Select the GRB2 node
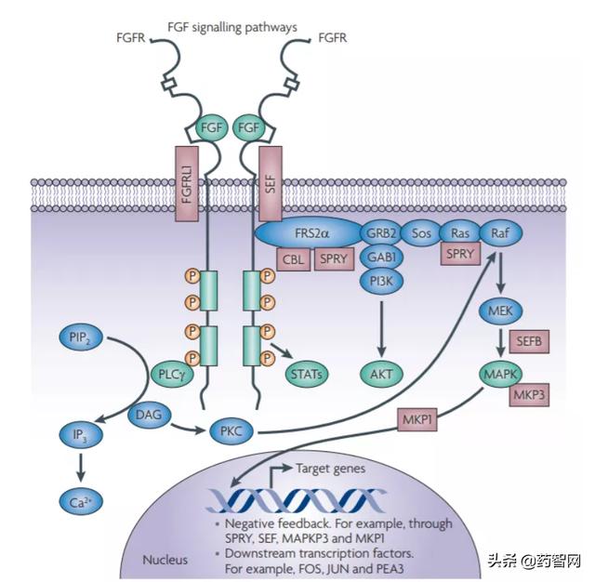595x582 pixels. click(380, 233)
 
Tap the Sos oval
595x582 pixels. click(421, 233)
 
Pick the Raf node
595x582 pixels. click(501, 233)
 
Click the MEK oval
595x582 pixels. click(500, 311)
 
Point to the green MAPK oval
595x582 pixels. click(500, 375)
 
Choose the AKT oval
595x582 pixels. click(381, 375)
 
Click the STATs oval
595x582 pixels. click(306, 375)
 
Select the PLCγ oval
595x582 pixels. click(172, 375)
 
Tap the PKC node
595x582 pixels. click(231, 431)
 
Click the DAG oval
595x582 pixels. click(149, 415)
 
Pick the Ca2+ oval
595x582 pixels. click(81, 502)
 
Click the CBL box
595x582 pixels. click(294, 259)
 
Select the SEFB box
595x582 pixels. click(529, 341)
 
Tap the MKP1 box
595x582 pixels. click(417, 419)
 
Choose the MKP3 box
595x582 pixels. click(529, 394)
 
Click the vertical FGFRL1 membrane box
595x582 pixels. click(187, 184)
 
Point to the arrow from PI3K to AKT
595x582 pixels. click(382, 329)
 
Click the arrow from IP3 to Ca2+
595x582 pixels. click(81, 469)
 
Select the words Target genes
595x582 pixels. click(330, 469)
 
